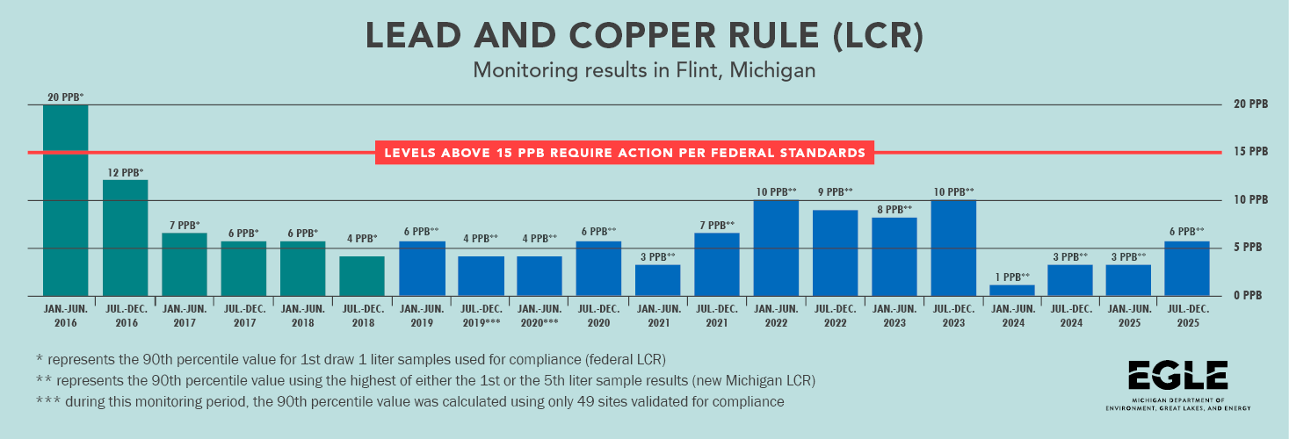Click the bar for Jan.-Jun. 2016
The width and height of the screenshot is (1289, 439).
pos(66,200)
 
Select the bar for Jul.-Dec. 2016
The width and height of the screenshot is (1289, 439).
pos(125,238)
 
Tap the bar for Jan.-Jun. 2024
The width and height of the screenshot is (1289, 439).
pos(1011,291)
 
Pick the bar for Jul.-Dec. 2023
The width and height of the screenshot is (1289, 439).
pos(953,248)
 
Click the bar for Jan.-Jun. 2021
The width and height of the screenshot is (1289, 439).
pos(657,280)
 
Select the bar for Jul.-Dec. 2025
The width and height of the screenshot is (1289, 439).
pos(1186,269)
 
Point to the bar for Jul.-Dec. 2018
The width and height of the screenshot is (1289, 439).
pos(362,276)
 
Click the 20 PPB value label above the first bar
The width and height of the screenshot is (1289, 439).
pos(66,97)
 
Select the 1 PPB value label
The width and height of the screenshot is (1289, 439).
pos(1011,277)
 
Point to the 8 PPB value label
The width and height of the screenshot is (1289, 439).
pos(894,210)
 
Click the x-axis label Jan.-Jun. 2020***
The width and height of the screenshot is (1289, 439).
pos(539,315)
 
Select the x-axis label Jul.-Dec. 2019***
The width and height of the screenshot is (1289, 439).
pos(481,315)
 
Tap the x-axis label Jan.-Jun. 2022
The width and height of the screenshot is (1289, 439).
pos(776,315)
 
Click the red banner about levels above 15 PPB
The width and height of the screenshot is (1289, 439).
pos(626,153)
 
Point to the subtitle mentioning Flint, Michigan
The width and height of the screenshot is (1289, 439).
pos(644,70)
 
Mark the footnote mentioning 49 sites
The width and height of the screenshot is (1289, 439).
pos(409,401)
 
